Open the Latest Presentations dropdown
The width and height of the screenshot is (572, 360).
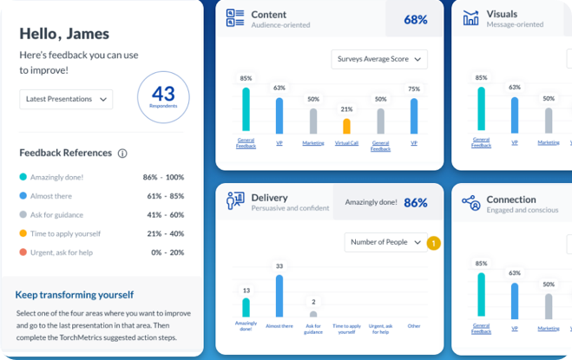coord(66,99)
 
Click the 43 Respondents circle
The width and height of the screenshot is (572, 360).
coord(163,97)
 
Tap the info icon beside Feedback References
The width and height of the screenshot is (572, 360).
coord(122,154)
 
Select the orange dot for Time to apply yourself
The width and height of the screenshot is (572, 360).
coord(23,233)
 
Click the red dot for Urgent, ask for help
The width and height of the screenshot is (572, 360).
coord(23,252)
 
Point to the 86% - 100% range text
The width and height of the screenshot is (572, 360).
coord(163,176)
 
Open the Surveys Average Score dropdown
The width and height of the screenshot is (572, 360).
coord(379,59)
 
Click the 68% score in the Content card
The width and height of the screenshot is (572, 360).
coord(415,19)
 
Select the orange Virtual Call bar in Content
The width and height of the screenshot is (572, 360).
coord(346,126)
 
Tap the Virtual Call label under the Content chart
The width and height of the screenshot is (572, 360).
coord(346,142)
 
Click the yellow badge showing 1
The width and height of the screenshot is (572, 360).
coord(435,243)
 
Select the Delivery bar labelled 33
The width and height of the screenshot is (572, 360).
coord(279,296)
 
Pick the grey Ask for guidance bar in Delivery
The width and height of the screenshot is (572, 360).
coord(313,314)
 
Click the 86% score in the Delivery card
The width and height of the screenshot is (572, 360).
coord(415,203)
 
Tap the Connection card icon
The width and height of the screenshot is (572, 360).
coord(471,203)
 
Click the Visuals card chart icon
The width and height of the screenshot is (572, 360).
coord(471,18)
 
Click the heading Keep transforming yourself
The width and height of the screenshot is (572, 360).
coord(75,295)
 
